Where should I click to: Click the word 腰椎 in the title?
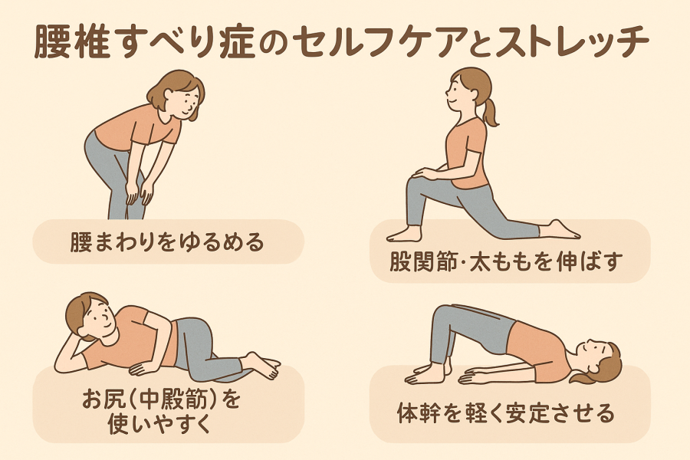tap(72, 43)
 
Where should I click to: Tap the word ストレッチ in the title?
tap(572, 42)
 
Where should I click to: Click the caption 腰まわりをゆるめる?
tap(167, 242)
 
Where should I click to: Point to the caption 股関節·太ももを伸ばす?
tap(506, 261)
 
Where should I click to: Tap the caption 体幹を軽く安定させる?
tap(506, 413)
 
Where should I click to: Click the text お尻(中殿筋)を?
tap(162, 399)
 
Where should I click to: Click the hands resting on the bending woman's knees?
tap(140, 192)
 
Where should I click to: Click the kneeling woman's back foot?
tap(559, 230)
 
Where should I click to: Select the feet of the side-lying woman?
tap(262, 365)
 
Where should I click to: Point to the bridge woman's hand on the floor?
tap(471, 377)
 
